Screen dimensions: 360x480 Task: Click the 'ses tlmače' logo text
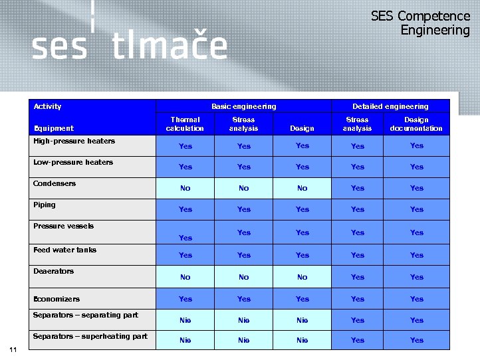pos(130,46)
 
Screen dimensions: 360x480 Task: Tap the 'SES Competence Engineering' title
pos(420,23)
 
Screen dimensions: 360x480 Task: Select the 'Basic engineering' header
pos(243,106)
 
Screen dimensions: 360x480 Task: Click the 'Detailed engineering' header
pos(390,106)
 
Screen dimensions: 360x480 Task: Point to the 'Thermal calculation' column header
pos(185,124)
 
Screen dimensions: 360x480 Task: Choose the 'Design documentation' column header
pos(416,124)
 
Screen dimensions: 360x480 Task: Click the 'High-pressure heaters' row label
pos(74,141)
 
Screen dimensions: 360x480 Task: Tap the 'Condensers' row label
pos(55,183)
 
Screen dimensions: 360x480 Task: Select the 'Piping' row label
pos(45,205)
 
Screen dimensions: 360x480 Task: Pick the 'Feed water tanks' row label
pos(64,250)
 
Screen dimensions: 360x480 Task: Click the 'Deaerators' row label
pos(54,271)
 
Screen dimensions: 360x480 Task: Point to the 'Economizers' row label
pos(57,299)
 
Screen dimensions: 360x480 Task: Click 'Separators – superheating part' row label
pos(90,336)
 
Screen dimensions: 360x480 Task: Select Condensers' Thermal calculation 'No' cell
pos(185,188)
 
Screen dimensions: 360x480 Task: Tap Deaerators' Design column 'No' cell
pos(302,277)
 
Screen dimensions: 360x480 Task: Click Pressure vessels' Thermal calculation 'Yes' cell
pos(185,237)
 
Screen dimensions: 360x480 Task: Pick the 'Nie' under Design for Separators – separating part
pos(302,320)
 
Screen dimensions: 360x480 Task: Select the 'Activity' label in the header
pos(47,106)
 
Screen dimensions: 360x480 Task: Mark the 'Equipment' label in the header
pos(53,128)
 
